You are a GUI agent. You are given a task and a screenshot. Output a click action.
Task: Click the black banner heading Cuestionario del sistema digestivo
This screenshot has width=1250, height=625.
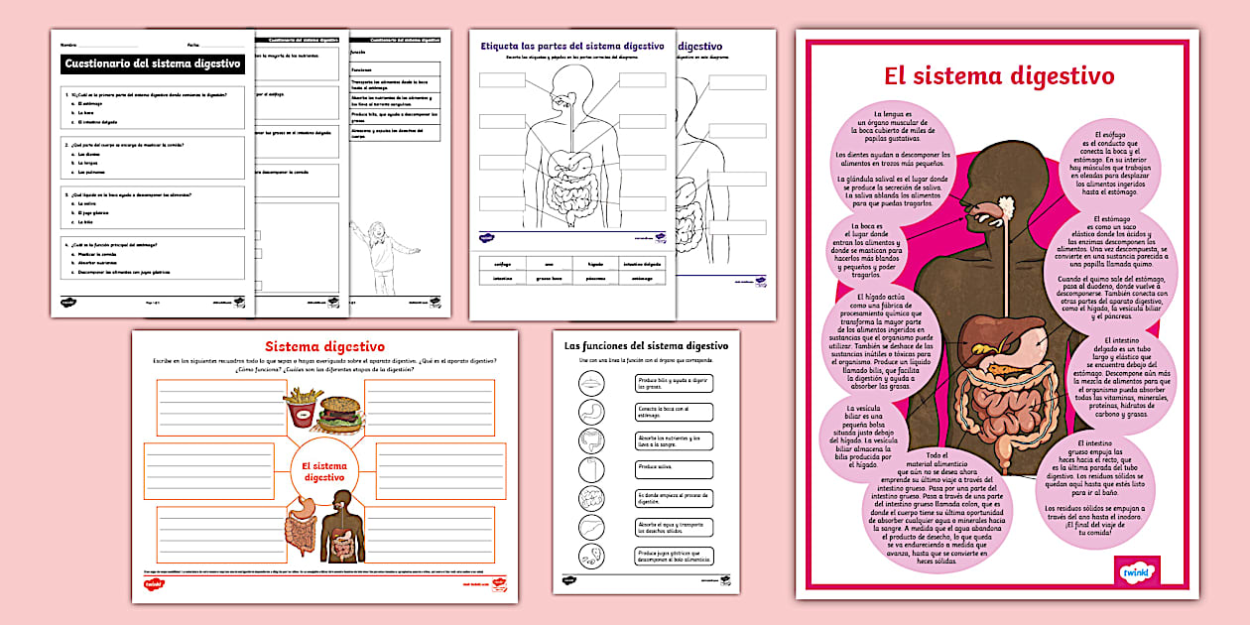pos(152,63)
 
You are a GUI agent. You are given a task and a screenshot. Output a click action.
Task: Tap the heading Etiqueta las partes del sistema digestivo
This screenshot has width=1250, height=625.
pos(571,47)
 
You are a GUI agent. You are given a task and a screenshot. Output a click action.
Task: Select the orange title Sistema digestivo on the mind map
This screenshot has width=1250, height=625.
pos(324,346)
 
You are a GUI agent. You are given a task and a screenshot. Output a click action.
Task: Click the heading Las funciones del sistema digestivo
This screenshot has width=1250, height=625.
pos(646,345)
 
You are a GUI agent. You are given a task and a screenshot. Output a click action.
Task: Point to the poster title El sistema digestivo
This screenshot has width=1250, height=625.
pos(999,75)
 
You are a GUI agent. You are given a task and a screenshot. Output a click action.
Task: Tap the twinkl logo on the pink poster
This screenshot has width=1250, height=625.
pos(1136,570)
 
